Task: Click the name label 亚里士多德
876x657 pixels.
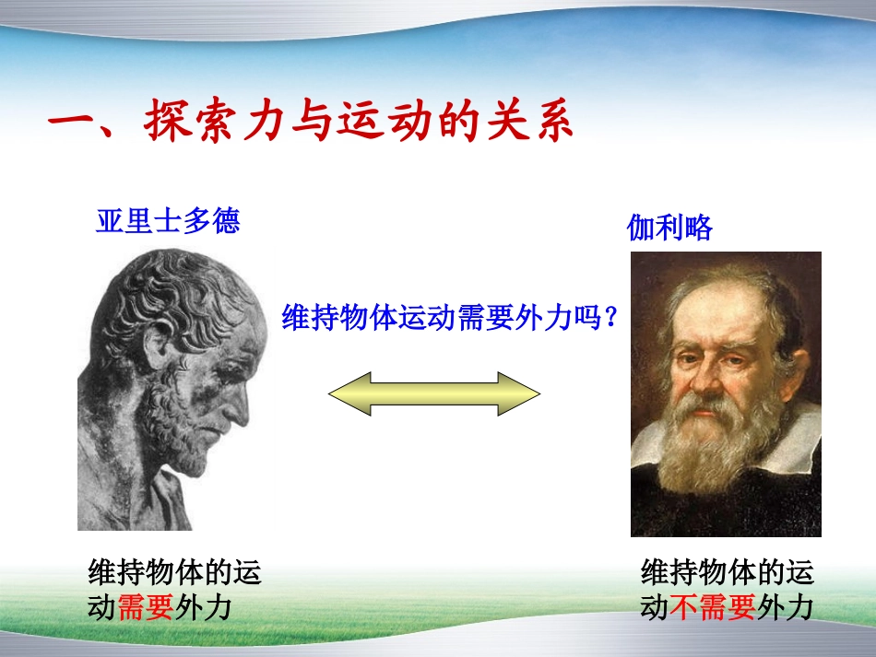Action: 168,221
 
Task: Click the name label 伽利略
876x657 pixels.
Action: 670,228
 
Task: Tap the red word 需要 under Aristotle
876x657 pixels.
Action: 146,609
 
